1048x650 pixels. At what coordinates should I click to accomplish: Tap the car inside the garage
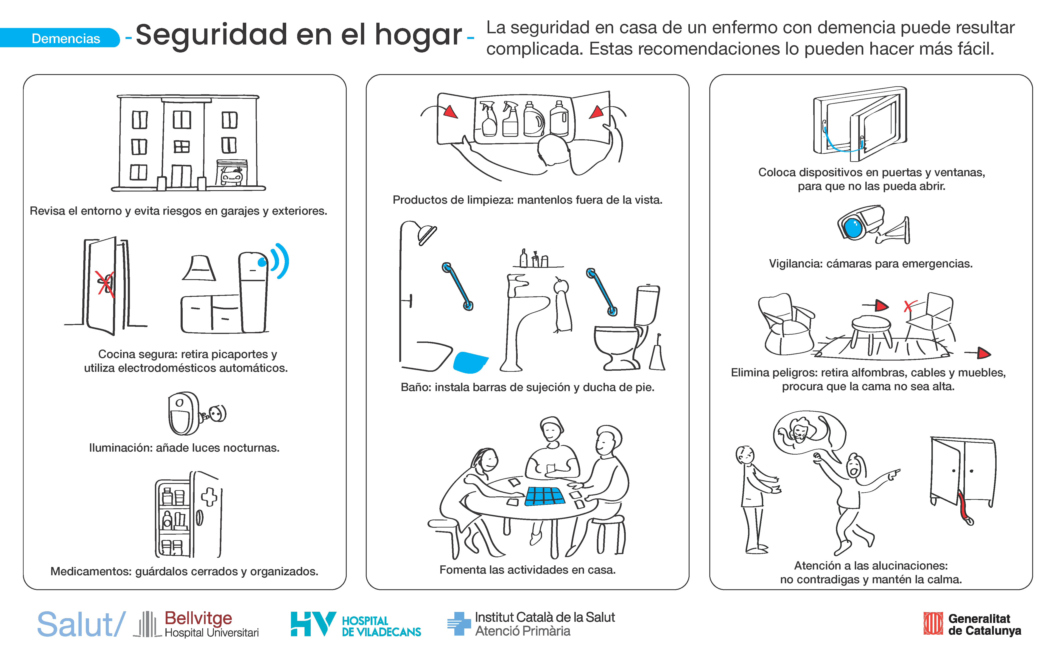pyautogui.click(x=231, y=176)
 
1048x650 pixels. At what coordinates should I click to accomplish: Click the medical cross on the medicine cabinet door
pyautogui.click(x=210, y=497)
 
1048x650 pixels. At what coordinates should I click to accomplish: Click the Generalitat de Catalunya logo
pyautogui.click(x=972, y=624)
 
